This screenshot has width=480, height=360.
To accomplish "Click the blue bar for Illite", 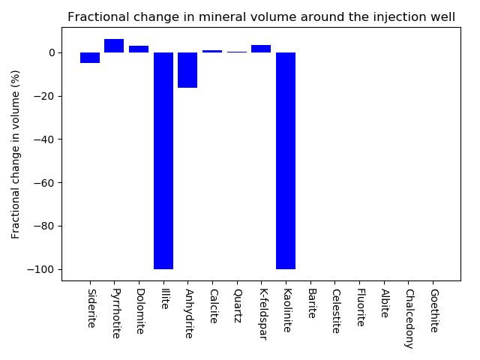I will pyautogui.click(x=163, y=160).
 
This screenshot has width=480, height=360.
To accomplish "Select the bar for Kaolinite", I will pyautogui.click(x=286, y=160).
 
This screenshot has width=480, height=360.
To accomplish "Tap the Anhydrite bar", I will pyautogui.click(x=187, y=70).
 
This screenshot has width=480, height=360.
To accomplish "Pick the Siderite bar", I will pyautogui.click(x=90, y=58).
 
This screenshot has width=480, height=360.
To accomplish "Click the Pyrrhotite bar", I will pyautogui.click(x=114, y=46).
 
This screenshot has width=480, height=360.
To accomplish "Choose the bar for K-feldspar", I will pyautogui.click(x=261, y=49).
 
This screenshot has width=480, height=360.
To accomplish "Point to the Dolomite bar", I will pyautogui.click(x=139, y=49).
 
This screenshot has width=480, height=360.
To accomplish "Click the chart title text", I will pyautogui.click(x=261, y=16).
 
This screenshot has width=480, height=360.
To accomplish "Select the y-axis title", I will pyautogui.click(x=16, y=154).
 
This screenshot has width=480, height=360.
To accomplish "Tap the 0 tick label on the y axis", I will pyautogui.click(x=52, y=52).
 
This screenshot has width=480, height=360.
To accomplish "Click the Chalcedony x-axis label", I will pyautogui.click(x=409, y=319).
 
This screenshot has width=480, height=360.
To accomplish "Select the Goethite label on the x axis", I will pyautogui.click(x=433, y=311).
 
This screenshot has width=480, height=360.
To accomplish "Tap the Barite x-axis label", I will pyautogui.click(x=311, y=304).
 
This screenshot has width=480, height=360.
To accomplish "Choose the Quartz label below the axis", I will pyautogui.click(x=237, y=305).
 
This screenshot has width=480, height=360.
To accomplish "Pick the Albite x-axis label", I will pyautogui.click(x=384, y=304).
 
